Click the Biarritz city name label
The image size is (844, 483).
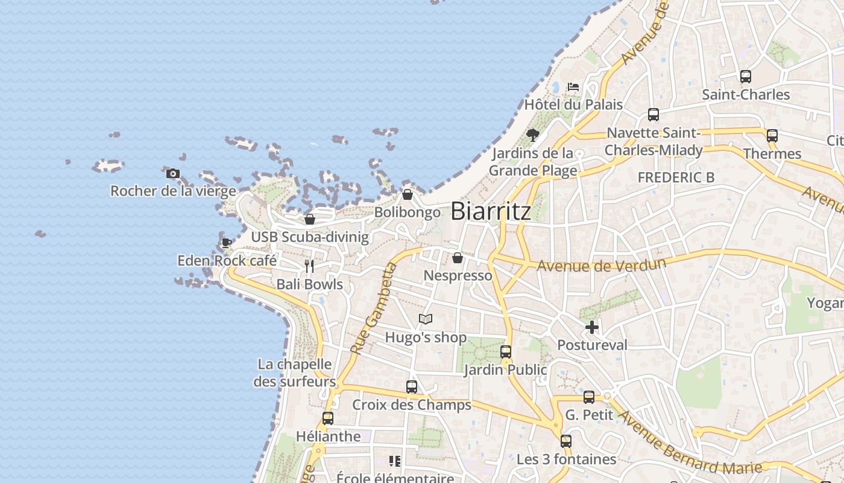point(491,211)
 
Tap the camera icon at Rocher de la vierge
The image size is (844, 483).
point(173,174)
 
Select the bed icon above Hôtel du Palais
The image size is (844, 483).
point(573,87)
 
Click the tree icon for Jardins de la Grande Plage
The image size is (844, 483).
point(532,135)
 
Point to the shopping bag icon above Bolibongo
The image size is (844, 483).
point(408,194)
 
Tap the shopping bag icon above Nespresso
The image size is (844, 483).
point(458,258)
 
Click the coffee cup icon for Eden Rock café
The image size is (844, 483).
point(227,243)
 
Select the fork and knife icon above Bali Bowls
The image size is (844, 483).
point(309,266)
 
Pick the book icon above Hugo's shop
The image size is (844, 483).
point(426,319)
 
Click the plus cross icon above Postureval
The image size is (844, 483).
point(592,327)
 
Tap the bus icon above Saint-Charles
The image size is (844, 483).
point(746,77)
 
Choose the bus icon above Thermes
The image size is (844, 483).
point(772,136)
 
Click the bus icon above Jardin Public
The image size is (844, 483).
point(506,352)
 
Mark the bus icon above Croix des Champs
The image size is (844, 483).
point(412,387)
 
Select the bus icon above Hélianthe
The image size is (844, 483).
point(328,418)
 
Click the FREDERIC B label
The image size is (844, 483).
point(676,177)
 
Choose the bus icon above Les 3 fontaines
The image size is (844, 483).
point(565,441)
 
